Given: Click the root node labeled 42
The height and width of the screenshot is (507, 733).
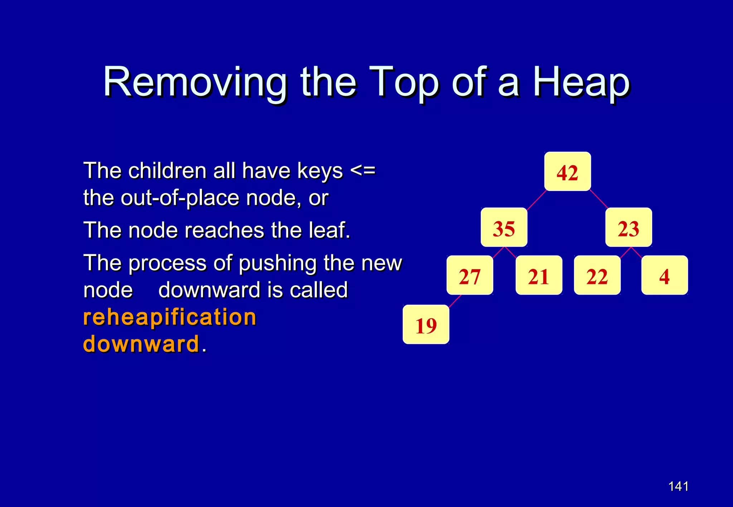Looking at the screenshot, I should point(567,172).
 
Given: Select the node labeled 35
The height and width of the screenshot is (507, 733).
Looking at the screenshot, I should point(504,227).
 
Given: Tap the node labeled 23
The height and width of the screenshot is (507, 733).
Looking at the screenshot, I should point(628,227).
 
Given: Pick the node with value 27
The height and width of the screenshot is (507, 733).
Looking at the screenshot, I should point(470,275).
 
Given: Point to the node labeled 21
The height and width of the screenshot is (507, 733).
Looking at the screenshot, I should point(539,275).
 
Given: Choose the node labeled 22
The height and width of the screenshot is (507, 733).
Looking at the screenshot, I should point(597,275).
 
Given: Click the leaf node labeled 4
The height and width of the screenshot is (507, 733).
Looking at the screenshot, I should point(664,275).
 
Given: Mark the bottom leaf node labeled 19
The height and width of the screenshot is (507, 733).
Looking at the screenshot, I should point(426,325).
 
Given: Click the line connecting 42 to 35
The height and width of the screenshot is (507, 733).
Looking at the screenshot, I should point(537,200).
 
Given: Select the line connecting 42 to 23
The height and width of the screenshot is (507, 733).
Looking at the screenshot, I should point(599,199).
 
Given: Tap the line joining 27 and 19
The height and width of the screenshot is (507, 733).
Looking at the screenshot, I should point(455,301).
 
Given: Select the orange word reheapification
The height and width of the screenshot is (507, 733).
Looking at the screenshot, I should point(170,317).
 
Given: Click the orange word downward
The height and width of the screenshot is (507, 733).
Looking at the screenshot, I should point(141,344).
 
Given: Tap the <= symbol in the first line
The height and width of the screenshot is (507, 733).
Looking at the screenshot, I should point(363,170).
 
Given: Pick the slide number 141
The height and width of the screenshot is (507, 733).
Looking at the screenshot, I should point(678,486).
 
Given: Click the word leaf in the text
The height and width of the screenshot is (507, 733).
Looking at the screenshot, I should point(330,230).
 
